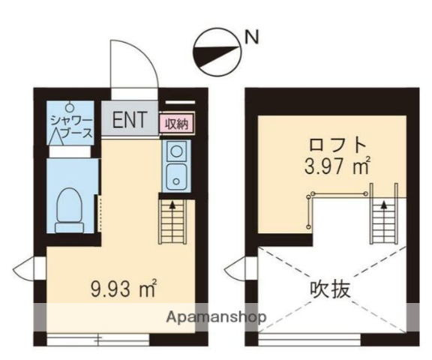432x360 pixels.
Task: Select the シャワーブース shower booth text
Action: (x=72, y=127)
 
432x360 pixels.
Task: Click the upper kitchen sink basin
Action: (x=175, y=154)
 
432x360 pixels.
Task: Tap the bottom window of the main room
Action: (x=97, y=337)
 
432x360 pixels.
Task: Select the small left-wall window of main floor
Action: (x=25, y=266)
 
